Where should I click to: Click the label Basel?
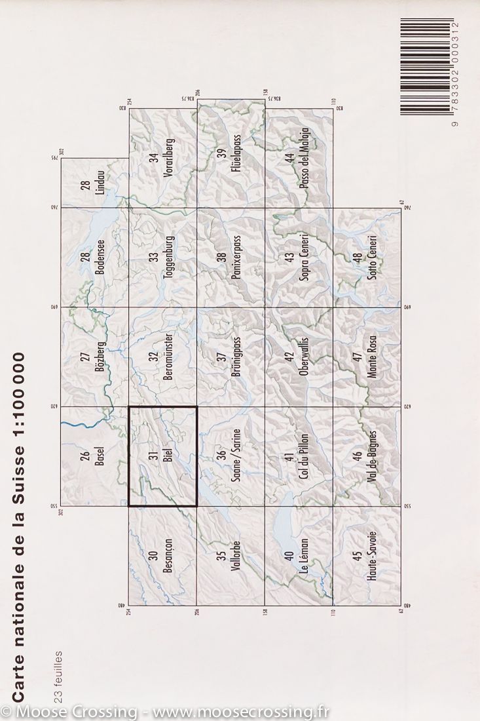(99, 456)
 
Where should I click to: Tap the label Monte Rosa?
(371, 357)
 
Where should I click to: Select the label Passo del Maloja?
(303, 161)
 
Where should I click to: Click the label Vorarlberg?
(167, 158)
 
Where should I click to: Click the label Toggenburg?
(167, 258)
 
